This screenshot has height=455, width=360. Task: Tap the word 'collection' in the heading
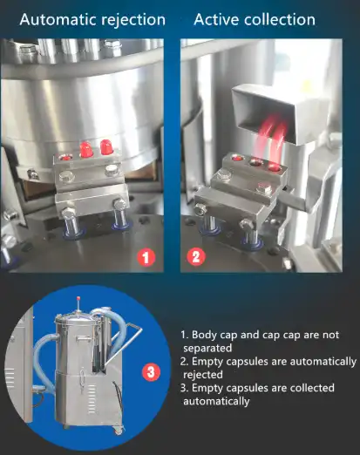(284, 18)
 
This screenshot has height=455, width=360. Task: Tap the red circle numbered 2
(196, 257)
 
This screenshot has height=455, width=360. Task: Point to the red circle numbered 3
(151, 372)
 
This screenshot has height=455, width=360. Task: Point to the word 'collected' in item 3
(313, 388)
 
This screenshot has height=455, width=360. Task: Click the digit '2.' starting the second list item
(184, 361)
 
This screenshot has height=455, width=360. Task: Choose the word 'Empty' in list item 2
(208, 361)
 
